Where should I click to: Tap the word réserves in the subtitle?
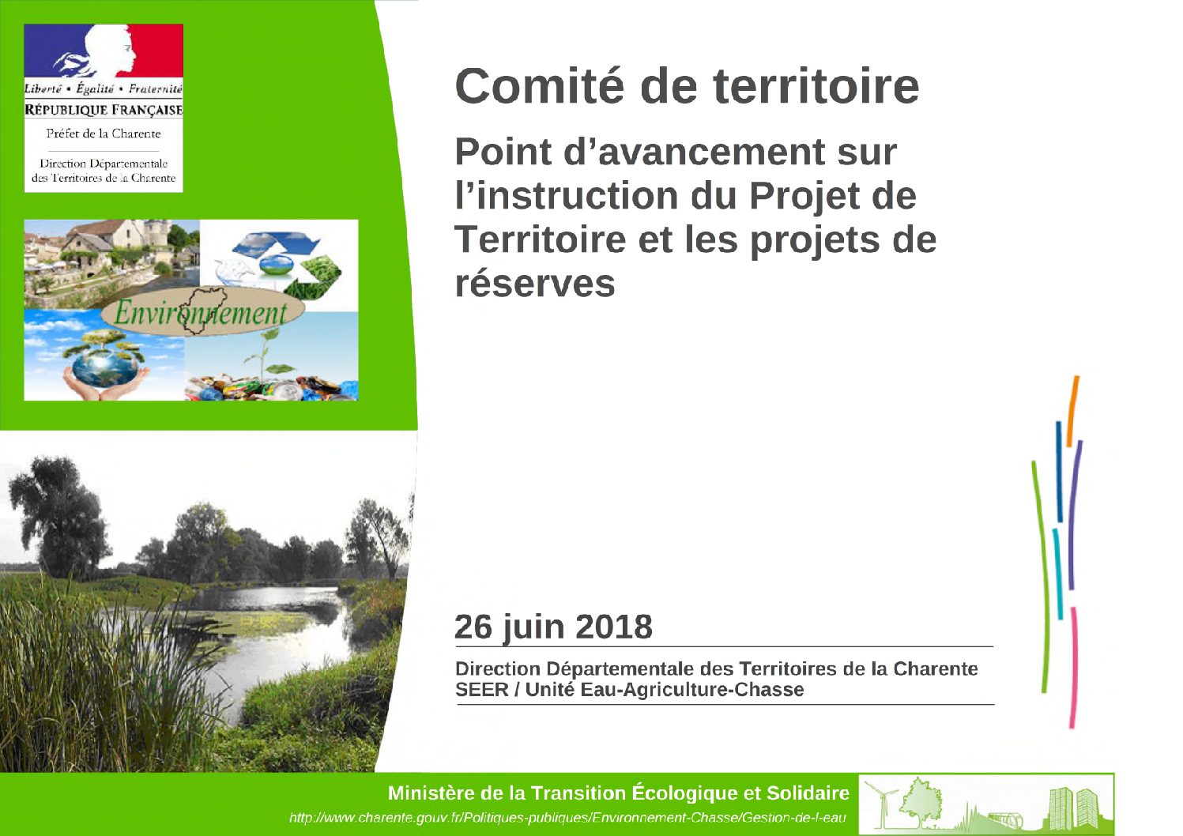click(535, 284)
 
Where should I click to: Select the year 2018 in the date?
click(613, 627)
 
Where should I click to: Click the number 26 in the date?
click(473, 627)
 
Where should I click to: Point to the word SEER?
click(481, 690)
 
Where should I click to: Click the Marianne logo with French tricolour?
click(104, 51)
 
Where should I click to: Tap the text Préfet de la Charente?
click(104, 134)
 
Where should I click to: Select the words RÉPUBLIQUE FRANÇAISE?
click(104, 110)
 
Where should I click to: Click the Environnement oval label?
click(202, 311)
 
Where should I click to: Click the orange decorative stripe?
click(1072, 411)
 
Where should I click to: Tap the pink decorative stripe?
click(1073, 668)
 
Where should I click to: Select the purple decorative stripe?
click(1075, 515)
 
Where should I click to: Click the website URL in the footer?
click(567, 818)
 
